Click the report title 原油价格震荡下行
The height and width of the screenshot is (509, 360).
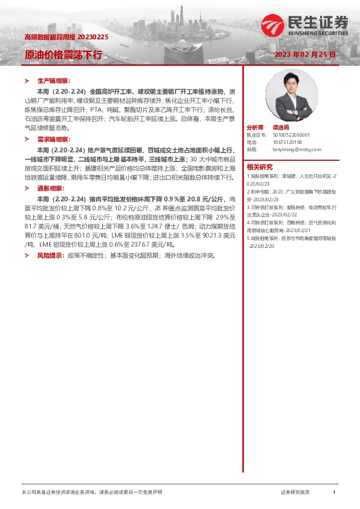coord(63,54)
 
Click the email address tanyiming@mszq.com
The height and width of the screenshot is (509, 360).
coord(297,149)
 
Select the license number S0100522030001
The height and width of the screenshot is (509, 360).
coord(292,135)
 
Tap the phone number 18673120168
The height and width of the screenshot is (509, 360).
coord(287,142)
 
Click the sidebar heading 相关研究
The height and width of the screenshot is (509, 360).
coord(260,167)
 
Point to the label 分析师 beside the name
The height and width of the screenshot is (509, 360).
coord(255,128)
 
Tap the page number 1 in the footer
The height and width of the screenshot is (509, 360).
coord(334,493)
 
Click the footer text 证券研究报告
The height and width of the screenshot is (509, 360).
coord(295,493)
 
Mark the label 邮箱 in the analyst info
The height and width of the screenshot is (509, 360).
coord(252,149)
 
